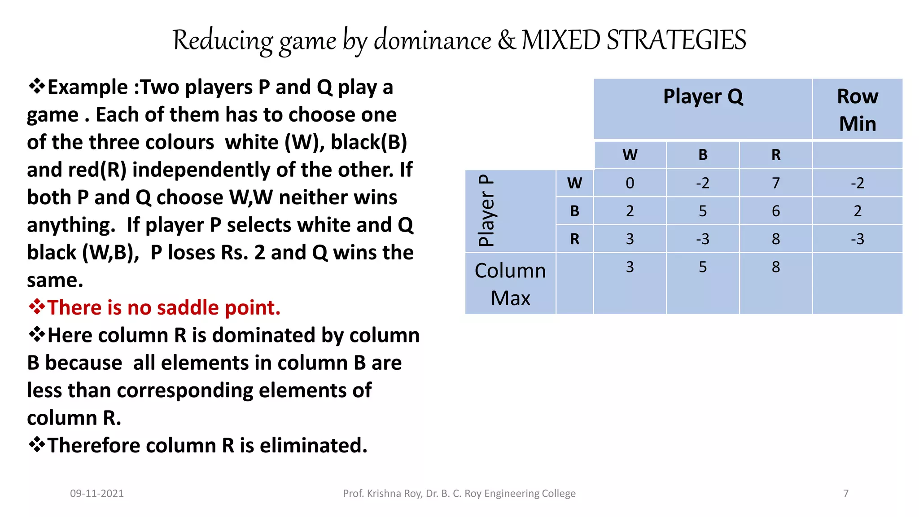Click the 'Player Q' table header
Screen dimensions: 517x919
click(703, 96)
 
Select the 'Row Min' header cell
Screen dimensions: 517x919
click(857, 110)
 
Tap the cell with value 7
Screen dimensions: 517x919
click(775, 183)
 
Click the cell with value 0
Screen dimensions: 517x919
click(630, 183)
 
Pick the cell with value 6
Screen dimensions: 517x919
click(775, 211)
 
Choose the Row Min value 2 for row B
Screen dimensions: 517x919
click(857, 211)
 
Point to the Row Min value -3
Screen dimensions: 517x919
click(857, 239)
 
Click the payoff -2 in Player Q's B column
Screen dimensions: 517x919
click(702, 183)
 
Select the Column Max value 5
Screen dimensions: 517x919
click(702, 267)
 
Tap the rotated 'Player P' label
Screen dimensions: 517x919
click(486, 210)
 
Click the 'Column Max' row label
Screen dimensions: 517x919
click(510, 284)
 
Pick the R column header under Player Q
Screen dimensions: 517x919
click(775, 155)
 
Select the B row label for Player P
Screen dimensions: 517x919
click(574, 211)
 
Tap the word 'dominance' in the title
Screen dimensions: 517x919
click(433, 40)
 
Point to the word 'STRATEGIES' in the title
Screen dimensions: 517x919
click(676, 40)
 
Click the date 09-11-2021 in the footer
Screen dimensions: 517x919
click(97, 494)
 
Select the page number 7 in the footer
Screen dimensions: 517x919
click(846, 494)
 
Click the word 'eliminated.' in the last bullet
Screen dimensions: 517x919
click(314, 446)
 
